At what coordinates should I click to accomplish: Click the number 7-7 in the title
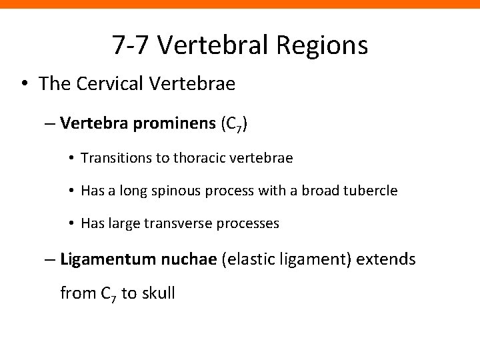coord(132,45)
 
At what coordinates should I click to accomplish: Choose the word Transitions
coord(111,158)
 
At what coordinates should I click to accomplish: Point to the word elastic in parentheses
coord(250,259)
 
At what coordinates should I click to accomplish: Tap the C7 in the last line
coord(107,293)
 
